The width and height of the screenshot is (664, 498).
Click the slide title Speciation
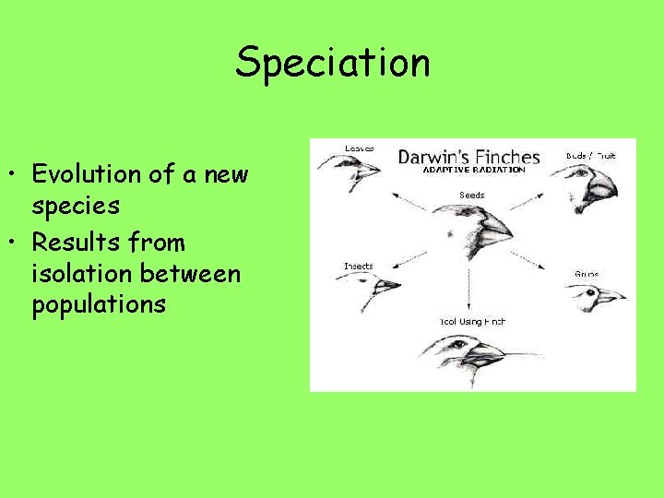(332, 63)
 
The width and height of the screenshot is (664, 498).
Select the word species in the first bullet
(76, 205)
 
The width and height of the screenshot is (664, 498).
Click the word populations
(99, 304)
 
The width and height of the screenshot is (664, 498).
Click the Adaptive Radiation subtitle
(473, 170)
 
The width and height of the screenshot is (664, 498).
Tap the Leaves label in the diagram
(359, 148)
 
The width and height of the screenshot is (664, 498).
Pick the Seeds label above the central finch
(471, 195)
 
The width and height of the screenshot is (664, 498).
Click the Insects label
(358, 267)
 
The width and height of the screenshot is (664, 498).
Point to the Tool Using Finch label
(471, 322)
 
